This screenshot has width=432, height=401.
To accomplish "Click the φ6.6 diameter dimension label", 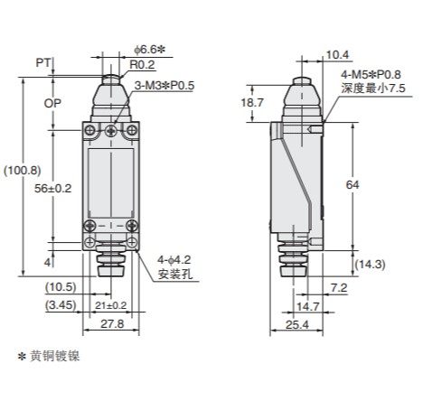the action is (149, 50).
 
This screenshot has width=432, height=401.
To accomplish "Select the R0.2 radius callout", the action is (142, 64).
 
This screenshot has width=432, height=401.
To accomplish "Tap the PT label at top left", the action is (43, 63).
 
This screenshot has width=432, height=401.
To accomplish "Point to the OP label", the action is (52, 103).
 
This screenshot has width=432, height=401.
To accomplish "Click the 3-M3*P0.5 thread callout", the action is (164, 86).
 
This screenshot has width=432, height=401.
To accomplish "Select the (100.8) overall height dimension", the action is (23, 171).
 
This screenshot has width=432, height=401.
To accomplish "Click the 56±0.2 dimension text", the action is (53, 189).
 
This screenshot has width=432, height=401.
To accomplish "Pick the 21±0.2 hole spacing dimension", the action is (111, 305).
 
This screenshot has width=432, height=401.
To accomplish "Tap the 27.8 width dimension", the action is (112, 324).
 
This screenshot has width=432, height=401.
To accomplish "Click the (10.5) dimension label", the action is (61, 287).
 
